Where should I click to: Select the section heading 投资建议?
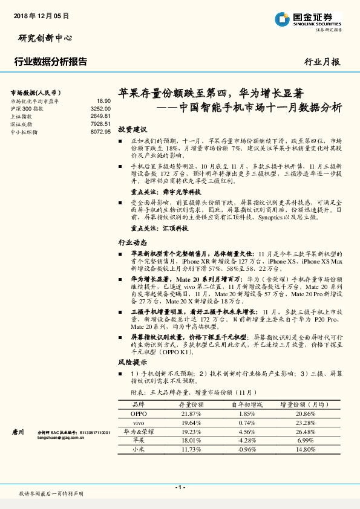(x=133, y=129)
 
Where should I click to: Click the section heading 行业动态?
(x=133, y=242)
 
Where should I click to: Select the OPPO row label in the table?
(x=139, y=413)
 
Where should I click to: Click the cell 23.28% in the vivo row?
(x=306, y=423)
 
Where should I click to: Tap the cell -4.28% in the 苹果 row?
(x=247, y=441)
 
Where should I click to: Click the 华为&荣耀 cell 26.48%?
(x=306, y=432)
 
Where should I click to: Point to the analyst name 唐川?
(x=18, y=433)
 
